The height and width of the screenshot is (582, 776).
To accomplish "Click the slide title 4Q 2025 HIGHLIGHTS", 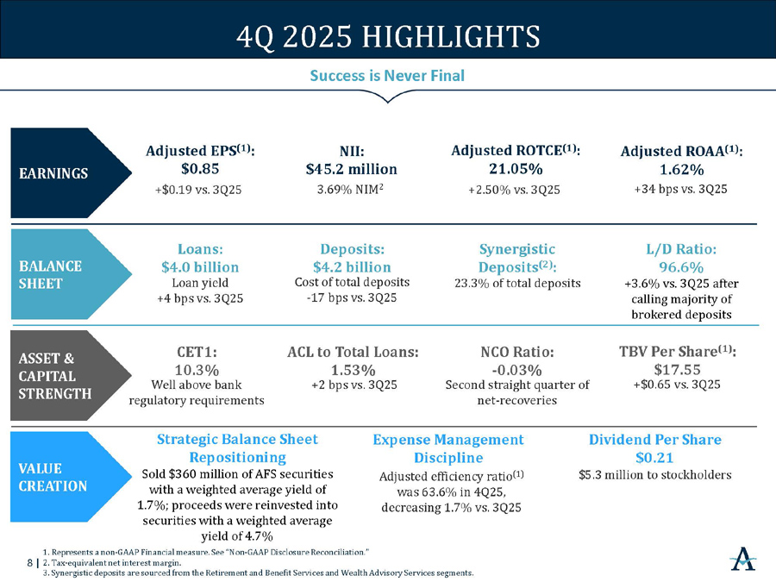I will tap(388, 37).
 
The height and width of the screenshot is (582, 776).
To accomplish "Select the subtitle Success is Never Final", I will tap(387, 76).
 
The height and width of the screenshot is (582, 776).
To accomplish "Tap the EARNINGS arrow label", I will tap(53, 172).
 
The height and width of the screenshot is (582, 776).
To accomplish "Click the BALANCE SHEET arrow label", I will tap(52, 274).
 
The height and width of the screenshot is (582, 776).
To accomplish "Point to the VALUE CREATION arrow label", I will tap(52, 477).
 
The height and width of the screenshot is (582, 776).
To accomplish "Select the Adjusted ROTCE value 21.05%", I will tap(515, 167).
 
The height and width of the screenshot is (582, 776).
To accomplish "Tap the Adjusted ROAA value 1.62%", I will tap(680, 168).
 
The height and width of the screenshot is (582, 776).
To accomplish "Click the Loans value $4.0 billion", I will tap(200, 266).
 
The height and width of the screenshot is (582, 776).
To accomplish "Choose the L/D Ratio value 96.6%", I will tap(680, 266).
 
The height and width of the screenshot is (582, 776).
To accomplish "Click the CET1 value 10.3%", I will tap(196, 369).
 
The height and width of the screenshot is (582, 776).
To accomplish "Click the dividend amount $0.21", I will tap(654, 457).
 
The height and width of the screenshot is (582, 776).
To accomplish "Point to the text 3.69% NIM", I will tap(349, 189).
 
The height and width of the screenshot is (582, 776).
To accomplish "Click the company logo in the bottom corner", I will tap(742, 558).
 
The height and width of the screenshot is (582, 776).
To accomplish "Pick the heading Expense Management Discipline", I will tap(448, 448).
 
